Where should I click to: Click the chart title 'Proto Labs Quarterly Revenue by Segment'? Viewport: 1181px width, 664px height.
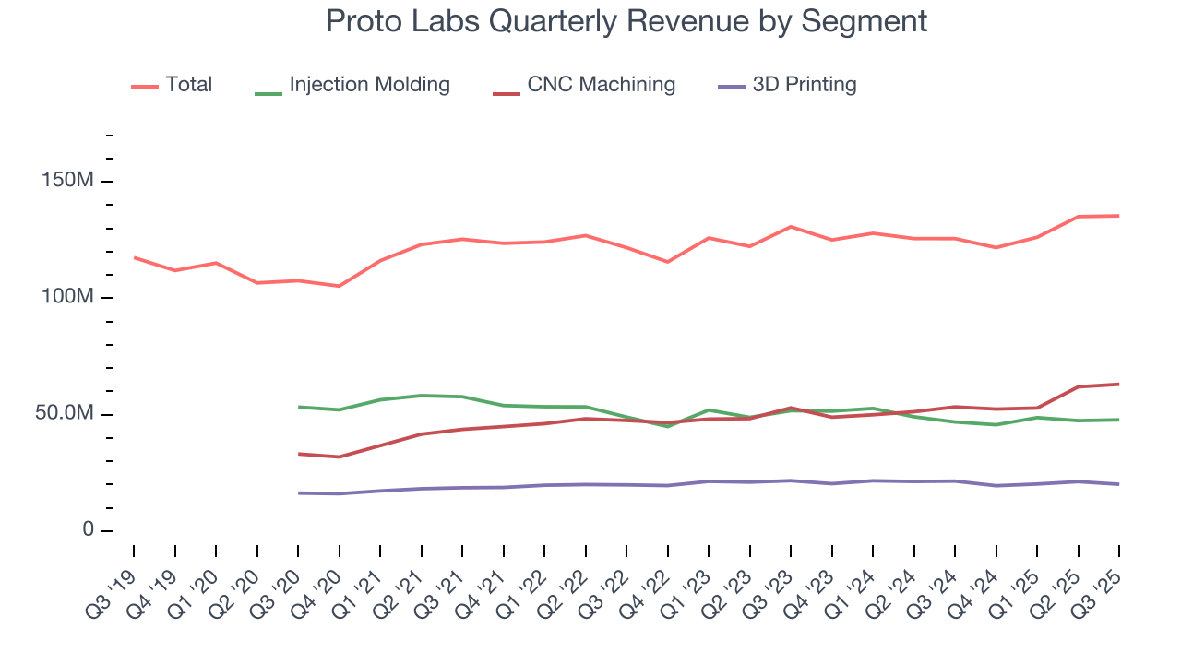tap(626, 21)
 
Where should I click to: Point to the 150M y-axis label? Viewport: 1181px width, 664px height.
tap(68, 181)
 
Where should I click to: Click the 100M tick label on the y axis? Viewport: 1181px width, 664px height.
tap(68, 298)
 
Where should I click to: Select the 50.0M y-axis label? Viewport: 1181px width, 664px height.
tap(66, 414)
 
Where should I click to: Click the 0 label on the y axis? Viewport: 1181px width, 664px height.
tap(88, 530)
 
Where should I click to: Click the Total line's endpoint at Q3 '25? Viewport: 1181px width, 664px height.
tap(1119, 216)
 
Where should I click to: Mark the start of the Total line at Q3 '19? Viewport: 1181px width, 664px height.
tap(134, 257)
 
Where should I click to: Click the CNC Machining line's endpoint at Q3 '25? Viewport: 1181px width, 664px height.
tap(1119, 384)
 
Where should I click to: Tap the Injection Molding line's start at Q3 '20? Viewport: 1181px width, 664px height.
tap(298, 407)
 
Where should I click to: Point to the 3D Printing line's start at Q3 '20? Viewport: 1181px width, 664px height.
tap(298, 492)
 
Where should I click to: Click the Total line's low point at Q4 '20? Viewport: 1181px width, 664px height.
tap(339, 286)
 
